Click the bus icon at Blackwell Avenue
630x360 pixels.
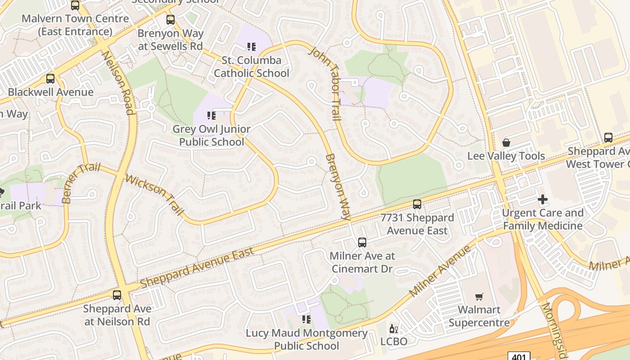click(50, 79)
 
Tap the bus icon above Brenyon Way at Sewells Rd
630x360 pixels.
click(170, 20)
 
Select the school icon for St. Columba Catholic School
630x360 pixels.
click(252, 46)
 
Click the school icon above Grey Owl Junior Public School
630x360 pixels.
click(211, 116)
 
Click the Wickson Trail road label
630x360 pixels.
click(155, 194)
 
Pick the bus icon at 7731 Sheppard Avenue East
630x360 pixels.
click(417, 204)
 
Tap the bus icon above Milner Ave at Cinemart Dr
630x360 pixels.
click(362, 243)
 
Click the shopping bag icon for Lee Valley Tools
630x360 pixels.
click(506, 143)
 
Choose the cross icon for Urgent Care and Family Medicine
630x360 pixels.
click(543, 199)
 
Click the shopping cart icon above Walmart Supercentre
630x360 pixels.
click(479, 297)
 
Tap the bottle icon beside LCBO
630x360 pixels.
click(394, 329)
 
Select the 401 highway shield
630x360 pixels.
click(519, 356)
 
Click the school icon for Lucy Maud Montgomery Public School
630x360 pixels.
click(306, 319)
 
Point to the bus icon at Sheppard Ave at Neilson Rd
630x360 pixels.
click(117, 295)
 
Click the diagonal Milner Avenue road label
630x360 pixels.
click(440, 271)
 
